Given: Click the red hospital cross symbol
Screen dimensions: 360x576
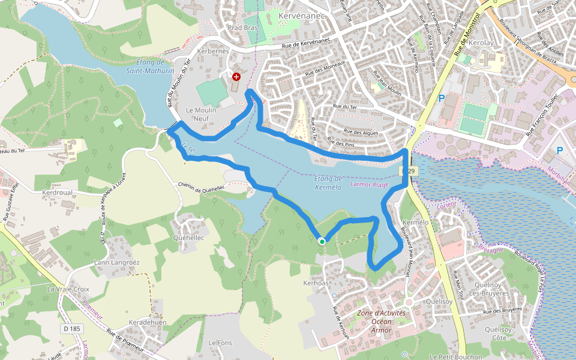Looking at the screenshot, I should click(x=236, y=77).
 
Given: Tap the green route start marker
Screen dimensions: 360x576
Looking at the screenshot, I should click(x=322, y=241).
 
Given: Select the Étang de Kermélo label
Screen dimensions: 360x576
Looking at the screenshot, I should click(x=328, y=183).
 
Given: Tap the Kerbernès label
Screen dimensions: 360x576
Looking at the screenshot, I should click(x=218, y=52).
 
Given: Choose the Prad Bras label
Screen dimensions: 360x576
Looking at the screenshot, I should click(x=242, y=28).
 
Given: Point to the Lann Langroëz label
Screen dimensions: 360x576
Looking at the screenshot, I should click(x=117, y=263).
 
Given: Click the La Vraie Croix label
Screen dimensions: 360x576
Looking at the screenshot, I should click(x=68, y=289).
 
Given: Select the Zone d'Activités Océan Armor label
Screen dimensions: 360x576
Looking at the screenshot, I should click(x=382, y=322).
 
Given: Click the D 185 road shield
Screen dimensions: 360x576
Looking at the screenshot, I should click(x=71, y=329).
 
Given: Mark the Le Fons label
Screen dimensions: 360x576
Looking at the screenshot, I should click(x=220, y=342).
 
